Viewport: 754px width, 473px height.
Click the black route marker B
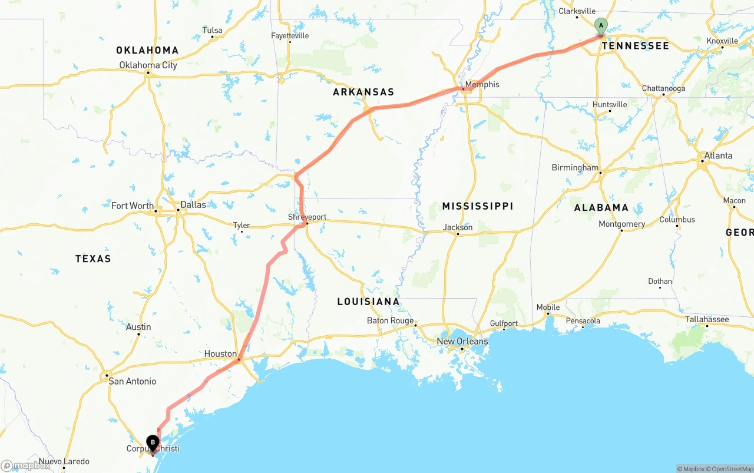[153, 442]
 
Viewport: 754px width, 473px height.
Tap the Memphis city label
[482, 84]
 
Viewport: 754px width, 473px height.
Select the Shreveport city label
[307, 217]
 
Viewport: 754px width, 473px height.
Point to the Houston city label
[220, 353]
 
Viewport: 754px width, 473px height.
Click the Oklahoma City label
[148, 65]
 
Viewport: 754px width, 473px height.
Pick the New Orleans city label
[462, 341]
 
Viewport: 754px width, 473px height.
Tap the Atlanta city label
[718, 156]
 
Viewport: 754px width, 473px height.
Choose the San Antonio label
[133, 381]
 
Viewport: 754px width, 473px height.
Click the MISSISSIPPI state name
[478, 206]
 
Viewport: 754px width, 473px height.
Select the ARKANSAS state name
[363, 92]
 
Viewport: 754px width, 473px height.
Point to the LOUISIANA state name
[368, 302]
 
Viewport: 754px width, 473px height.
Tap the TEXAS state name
[93, 259]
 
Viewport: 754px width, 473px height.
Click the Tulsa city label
[212, 30]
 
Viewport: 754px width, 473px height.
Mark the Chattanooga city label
[663, 88]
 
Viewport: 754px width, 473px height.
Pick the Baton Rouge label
[390, 320]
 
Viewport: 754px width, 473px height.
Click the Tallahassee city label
[707, 319]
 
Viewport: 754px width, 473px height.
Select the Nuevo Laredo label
[64, 461]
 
